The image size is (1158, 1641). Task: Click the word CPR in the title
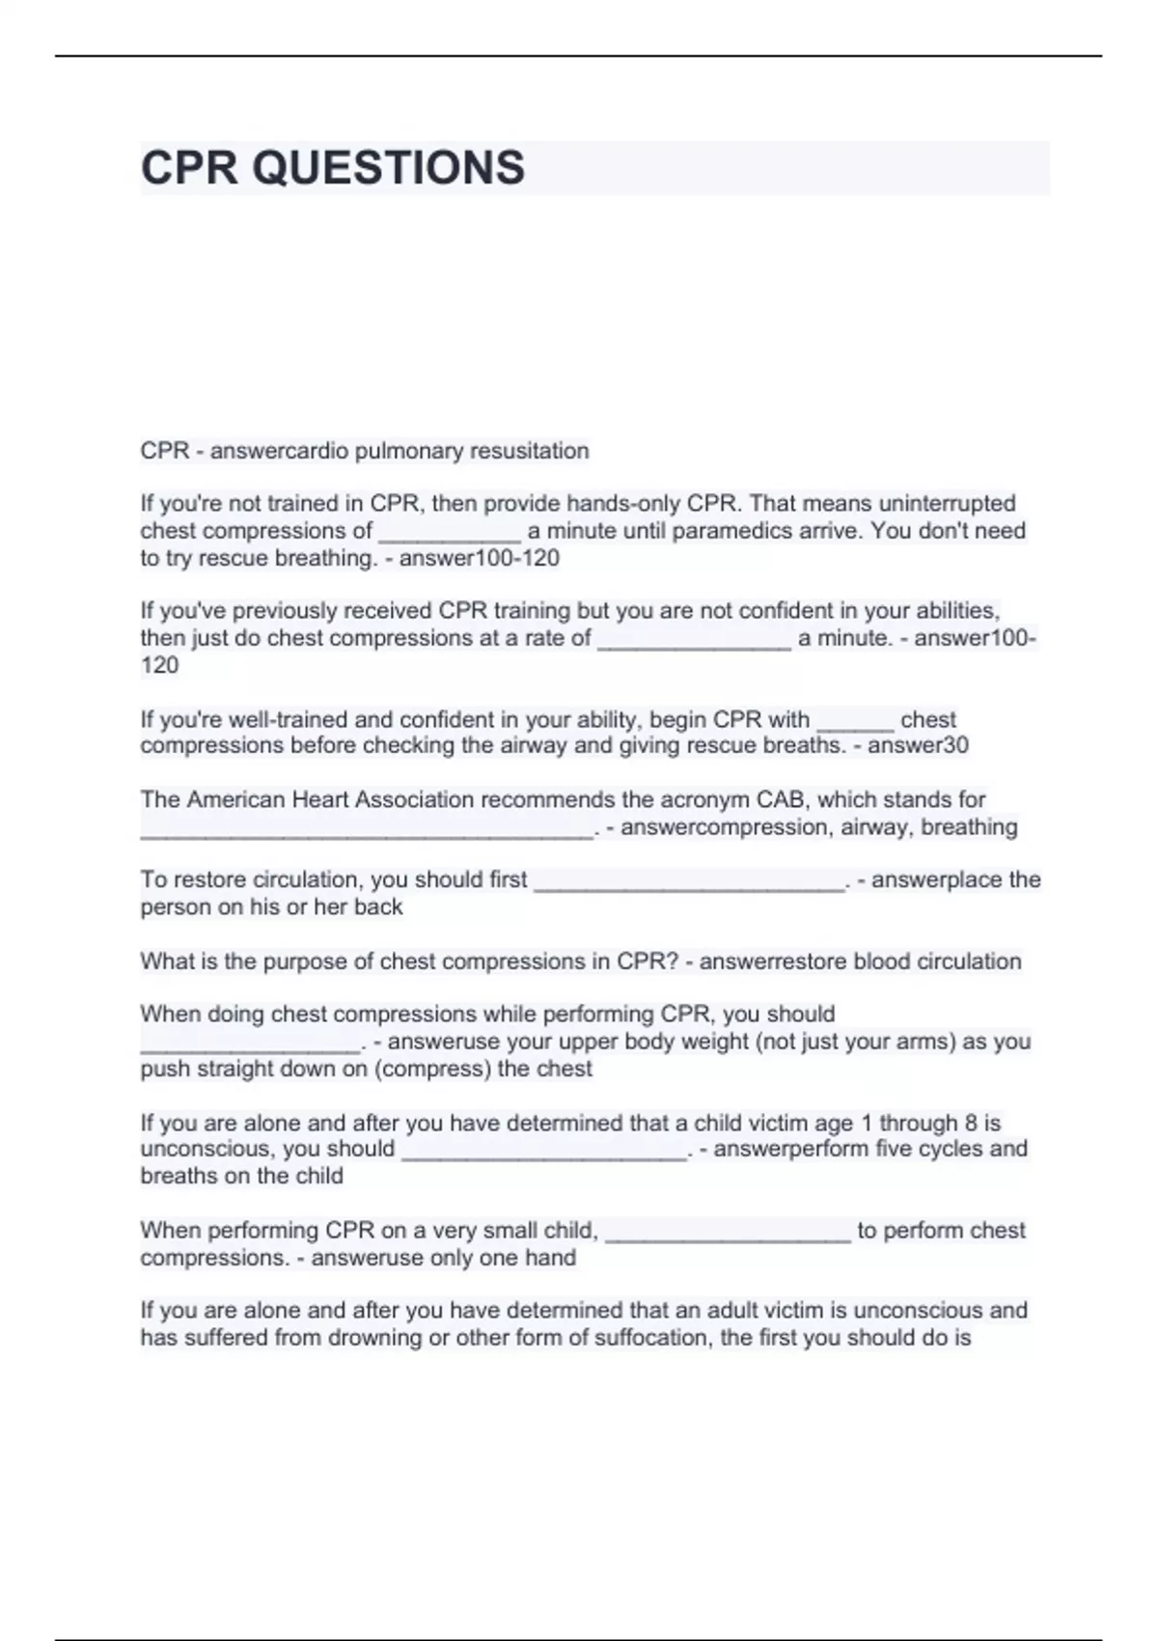[188, 168]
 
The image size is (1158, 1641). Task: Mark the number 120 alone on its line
[159, 665]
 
